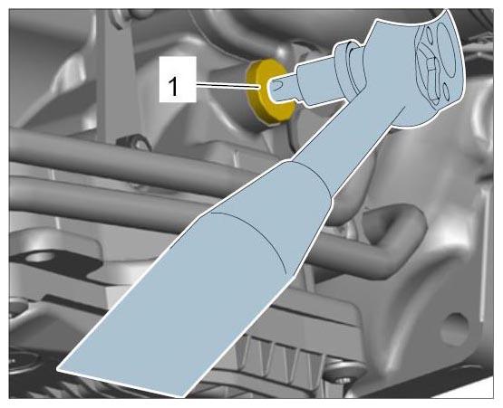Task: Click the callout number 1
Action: pos(173,86)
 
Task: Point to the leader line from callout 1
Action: pos(228,86)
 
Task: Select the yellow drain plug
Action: pos(268,91)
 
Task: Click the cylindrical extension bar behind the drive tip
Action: pos(316,84)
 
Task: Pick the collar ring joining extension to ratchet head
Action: pos(350,69)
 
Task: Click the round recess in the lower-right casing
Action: pos(454,329)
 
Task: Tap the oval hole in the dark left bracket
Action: pos(41,257)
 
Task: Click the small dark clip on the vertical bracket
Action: pos(135,143)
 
